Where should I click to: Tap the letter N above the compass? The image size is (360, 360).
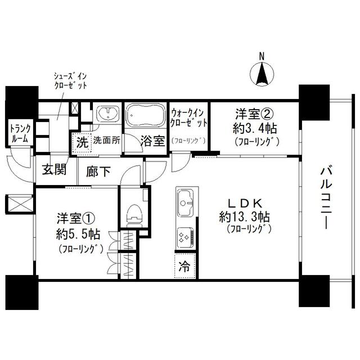click(x=261, y=56)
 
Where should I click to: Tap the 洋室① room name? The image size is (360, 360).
click(x=72, y=217)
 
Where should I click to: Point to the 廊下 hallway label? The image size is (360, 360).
click(x=97, y=172)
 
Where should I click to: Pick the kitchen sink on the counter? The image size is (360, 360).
click(x=186, y=200)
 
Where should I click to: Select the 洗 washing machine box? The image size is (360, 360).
click(x=82, y=142)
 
